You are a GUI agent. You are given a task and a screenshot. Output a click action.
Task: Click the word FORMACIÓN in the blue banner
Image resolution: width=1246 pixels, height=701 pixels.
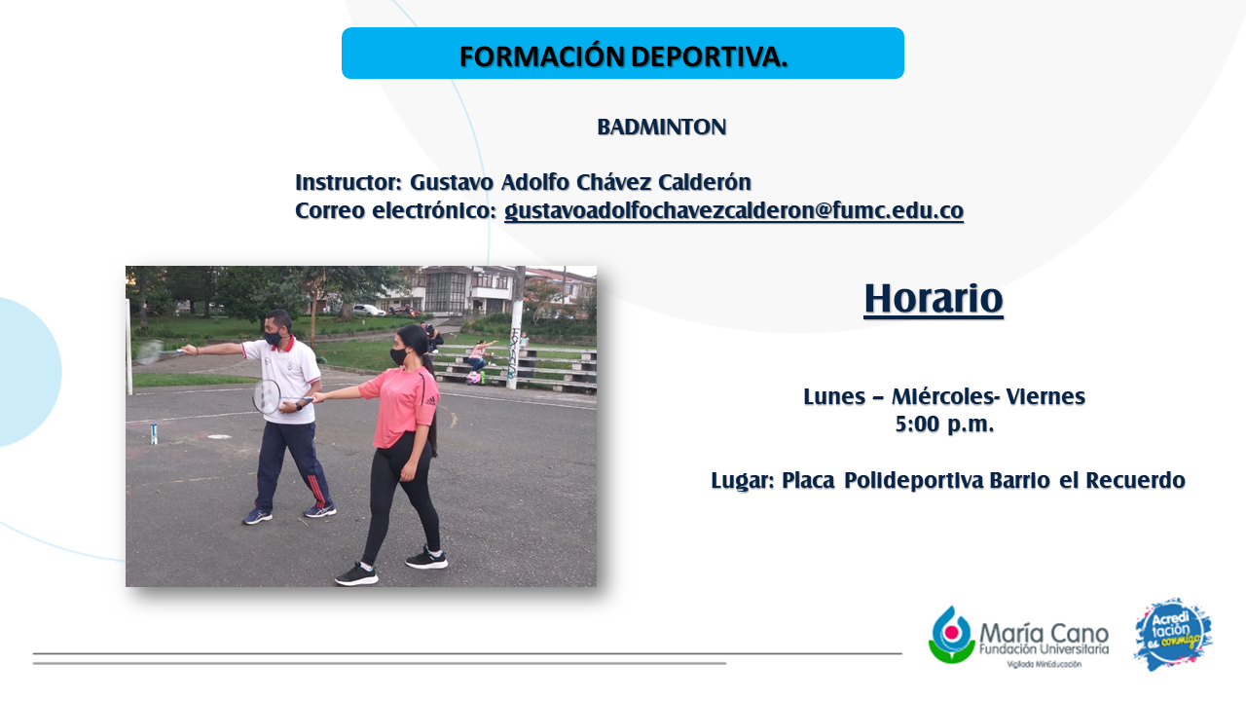[x=542, y=56]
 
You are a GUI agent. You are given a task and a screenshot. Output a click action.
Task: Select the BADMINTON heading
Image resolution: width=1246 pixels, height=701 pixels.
[x=661, y=128]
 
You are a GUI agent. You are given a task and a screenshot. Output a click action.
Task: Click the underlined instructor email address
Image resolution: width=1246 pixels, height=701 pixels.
[x=734, y=211]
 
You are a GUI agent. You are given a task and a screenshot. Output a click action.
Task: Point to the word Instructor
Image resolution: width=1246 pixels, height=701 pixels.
[x=348, y=182]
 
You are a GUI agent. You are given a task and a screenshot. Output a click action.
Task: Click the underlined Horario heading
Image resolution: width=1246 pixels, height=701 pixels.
[x=934, y=299]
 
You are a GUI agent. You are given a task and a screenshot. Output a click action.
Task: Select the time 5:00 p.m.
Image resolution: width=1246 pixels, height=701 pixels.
[x=944, y=424]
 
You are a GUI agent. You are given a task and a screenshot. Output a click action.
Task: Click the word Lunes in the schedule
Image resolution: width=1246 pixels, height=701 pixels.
[x=834, y=396]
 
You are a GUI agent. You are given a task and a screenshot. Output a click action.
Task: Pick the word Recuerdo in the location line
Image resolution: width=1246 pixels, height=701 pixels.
[x=1135, y=480]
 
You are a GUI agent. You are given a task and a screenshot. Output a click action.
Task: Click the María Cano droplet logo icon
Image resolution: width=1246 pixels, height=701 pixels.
[x=951, y=635]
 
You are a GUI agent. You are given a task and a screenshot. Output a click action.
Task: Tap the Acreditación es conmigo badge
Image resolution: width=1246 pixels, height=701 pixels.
[x=1173, y=634]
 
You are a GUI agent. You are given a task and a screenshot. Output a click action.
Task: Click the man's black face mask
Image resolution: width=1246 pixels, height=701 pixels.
[x=273, y=337]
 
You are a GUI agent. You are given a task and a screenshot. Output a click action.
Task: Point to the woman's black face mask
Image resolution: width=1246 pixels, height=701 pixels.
[x=398, y=356]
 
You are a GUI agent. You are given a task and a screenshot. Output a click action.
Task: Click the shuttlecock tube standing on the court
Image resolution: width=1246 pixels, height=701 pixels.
[x=154, y=434]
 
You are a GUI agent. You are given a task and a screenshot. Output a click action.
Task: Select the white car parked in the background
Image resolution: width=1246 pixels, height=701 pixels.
[x=368, y=310]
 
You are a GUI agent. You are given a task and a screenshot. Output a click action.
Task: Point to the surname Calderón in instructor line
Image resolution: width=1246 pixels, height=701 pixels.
[x=705, y=182]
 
